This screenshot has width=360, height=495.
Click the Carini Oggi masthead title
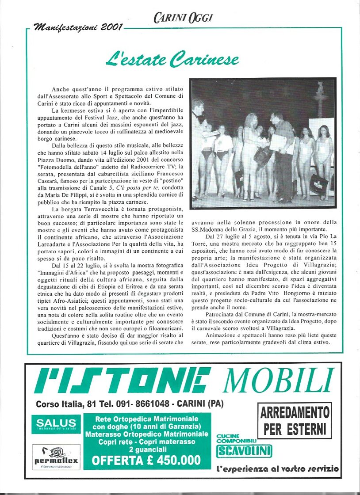[183, 18]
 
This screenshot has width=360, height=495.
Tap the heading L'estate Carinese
[172, 59]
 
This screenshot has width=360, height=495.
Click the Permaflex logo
[56, 457]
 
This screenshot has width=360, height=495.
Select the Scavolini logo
[244, 451]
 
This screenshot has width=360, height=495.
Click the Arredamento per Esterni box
[295, 421]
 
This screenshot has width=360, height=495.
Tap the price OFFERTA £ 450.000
[146, 461]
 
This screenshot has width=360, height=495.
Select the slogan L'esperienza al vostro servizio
[278, 468]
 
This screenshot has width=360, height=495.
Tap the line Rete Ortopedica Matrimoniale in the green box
[146, 419]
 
